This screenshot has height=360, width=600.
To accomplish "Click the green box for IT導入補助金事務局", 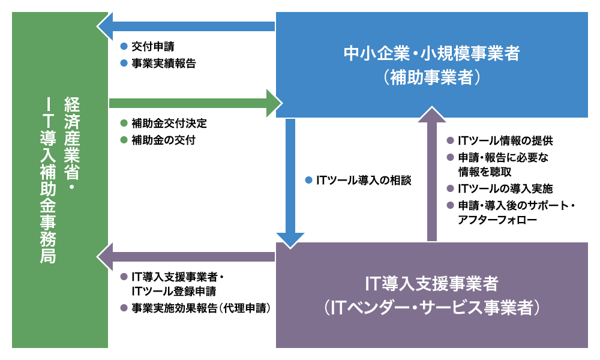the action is tap(59, 180).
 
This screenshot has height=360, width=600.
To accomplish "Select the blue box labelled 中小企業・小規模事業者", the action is tap(431, 65).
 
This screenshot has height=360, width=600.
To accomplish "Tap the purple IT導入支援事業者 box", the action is tap(431, 295).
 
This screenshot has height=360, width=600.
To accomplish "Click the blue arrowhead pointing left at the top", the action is tap(105, 26).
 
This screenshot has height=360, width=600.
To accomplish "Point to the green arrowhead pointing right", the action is tap(274, 103).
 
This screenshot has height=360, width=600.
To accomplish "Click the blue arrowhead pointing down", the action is tap(290, 240).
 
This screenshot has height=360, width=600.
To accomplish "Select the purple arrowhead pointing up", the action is tap(432, 115).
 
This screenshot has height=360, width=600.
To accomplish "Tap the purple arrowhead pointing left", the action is tap(105, 257).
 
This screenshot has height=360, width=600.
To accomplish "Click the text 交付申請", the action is tap(153, 47).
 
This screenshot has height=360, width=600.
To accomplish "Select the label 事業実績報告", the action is tap(164, 64).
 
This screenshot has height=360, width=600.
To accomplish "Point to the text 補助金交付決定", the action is tap(169, 123).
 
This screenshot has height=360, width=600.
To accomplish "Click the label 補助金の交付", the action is tap(163, 140).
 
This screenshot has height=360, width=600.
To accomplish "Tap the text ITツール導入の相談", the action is tap(364, 180).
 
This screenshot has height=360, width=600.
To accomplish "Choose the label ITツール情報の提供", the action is tap(505, 141).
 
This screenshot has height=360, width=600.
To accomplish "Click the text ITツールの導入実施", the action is tap(505, 188).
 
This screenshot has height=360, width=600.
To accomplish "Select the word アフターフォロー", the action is tap(497, 220).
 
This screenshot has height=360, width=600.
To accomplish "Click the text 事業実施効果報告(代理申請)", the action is tap(201, 308).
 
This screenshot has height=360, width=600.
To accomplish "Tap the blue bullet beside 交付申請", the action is tap(124, 46).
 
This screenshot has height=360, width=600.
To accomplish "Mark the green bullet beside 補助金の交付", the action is tap(124, 140).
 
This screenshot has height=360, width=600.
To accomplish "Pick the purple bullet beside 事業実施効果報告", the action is tap(124, 308).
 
